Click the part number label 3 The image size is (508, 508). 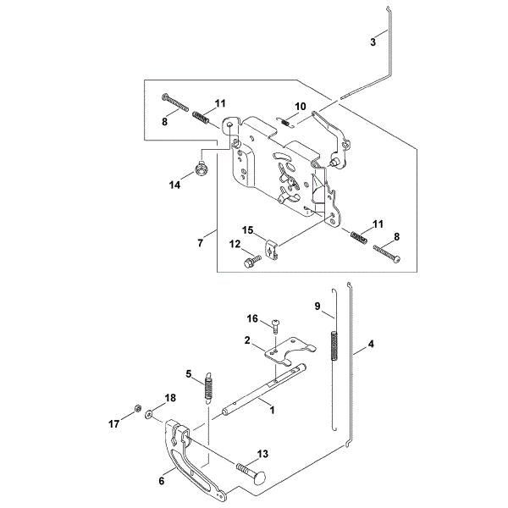click(x=373, y=41)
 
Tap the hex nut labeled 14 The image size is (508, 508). click(x=202, y=168)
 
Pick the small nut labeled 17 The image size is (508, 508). click(x=137, y=408)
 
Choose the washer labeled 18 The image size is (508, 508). click(x=149, y=414)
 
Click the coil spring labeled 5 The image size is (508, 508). click(x=208, y=388)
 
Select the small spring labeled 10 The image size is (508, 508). click(x=285, y=123)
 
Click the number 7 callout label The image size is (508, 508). click(x=200, y=243)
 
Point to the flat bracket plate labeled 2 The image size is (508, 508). click(x=290, y=351)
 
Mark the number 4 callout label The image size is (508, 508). click(x=371, y=344)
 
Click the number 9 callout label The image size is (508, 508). click(x=317, y=306)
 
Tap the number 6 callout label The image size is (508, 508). click(x=162, y=481)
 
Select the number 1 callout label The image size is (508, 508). click(x=272, y=410)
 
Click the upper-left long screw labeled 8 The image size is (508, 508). click(x=175, y=102)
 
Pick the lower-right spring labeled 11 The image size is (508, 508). click(x=359, y=237)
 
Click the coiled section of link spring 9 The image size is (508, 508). click(x=334, y=345)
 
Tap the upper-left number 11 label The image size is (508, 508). click(x=219, y=103)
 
